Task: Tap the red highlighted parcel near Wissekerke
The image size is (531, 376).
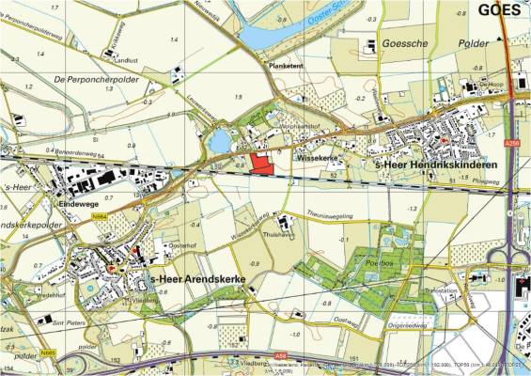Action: (260, 161)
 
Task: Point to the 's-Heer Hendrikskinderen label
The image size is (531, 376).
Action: (423, 165)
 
